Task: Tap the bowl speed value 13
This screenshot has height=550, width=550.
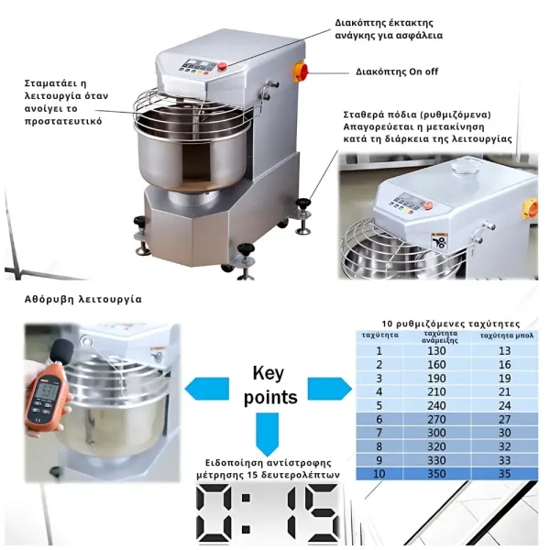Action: coord(503,350)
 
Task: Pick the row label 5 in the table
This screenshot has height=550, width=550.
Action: coord(379,404)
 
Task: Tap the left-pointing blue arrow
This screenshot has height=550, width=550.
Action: coord(205,387)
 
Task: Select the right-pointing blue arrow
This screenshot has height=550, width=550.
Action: coord(332,387)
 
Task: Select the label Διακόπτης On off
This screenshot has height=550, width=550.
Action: coord(397,71)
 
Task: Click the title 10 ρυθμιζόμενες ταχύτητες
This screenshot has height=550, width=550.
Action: coord(450,324)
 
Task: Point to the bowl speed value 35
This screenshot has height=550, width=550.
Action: coord(503,474)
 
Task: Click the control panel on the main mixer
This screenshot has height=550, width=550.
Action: coord(198,67)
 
